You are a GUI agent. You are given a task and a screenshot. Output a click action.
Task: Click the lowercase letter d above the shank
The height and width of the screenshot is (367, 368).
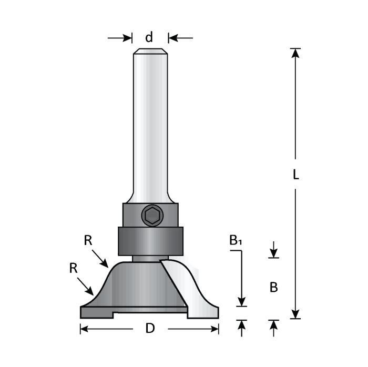(x=149, y=37)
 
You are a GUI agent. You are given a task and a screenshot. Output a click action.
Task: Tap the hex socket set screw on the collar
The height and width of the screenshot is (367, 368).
(x=151, y=215)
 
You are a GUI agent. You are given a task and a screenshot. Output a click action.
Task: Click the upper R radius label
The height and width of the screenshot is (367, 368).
(x=88, y=240)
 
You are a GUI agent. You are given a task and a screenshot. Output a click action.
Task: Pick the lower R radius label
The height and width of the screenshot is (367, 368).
(x=73, y=268)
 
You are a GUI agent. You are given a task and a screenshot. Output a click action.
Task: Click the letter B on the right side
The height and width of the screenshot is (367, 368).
(x=273, y=288)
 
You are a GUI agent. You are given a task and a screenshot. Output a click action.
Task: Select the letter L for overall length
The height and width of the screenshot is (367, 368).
(x=295, y=175)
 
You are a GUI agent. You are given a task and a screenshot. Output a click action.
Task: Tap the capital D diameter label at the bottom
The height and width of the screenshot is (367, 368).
(x=150, y=329)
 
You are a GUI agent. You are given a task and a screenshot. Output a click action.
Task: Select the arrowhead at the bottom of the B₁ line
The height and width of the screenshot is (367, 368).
(x=241, y=301)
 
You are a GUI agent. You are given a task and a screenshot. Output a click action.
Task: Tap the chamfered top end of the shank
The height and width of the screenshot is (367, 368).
(x=150, y=52)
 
